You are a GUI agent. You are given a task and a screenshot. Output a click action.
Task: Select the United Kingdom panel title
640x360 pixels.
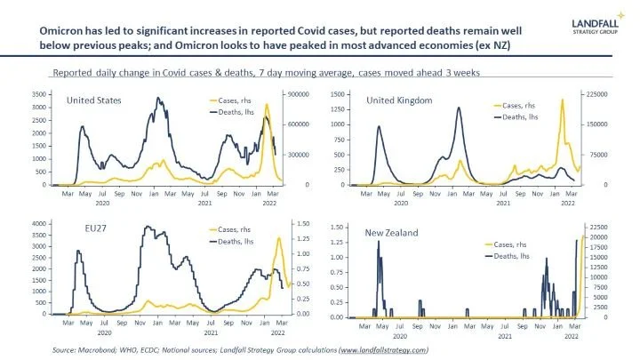[x=399, y=100]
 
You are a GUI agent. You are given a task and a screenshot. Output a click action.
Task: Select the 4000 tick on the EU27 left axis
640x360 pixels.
[x=38, y=223]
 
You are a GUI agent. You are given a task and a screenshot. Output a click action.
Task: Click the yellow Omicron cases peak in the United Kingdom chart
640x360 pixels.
[x=562, y=100]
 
